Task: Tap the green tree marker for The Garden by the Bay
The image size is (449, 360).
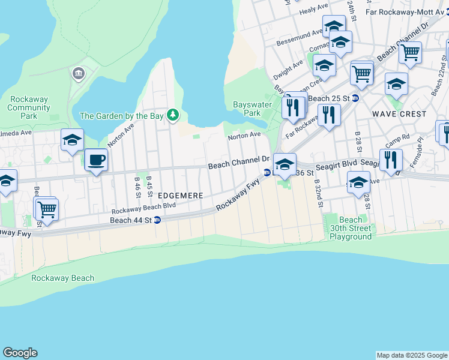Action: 173,115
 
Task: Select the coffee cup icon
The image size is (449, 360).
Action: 95,160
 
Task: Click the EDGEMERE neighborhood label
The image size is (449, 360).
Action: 181,196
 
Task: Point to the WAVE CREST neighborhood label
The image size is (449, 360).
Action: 399,113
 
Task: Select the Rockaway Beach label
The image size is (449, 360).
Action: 63,278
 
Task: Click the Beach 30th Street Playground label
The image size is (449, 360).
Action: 351,228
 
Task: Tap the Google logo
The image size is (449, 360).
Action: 20,353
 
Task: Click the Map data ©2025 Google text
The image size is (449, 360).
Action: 412,355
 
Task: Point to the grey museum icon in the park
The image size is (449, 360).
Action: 78,74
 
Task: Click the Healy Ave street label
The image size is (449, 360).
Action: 314,8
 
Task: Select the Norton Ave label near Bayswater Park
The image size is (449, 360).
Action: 244,136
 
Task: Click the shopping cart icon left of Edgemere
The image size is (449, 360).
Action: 46,209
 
